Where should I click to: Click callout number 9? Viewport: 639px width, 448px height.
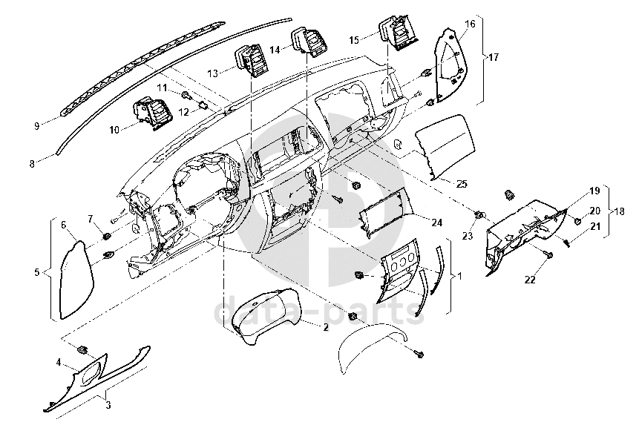click(x=36, y=126)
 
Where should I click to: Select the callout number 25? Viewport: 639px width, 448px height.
click(x=462, y=183)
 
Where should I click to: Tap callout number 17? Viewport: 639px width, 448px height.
click(x=494, y=56)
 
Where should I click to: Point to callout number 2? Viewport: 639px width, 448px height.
click(x=325, y=326)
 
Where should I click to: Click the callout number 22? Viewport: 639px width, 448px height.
click(x=530, y=280)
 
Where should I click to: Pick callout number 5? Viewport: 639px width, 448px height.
click(x=36, y=272)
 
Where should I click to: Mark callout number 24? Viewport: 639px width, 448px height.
click(x=436, y=223)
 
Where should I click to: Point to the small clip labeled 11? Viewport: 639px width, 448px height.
click(x=186, y=95)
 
